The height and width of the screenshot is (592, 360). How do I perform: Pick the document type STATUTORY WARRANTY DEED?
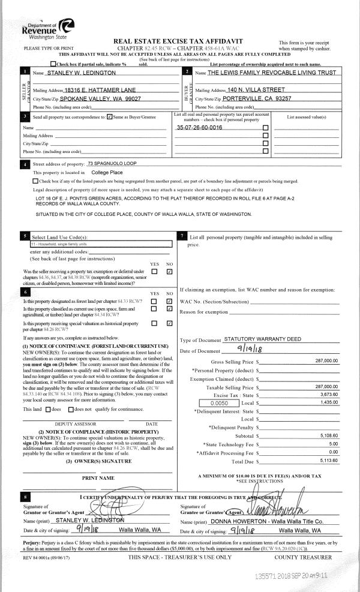pos(262,339)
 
